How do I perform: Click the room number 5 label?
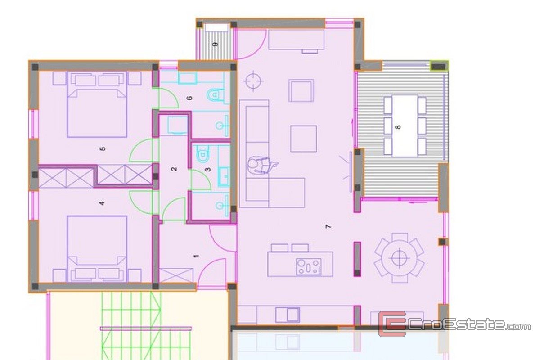[103, 149]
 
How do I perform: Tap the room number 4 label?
[102, 203]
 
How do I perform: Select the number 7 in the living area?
[328, 227]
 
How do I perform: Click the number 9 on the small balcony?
[216, 45]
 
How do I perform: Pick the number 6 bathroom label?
[190, 98]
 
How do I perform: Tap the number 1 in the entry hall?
[197, 256]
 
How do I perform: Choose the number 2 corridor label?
[174, 169]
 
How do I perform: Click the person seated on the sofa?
[261, 166]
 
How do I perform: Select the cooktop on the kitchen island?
[309, 267]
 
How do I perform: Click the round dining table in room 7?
[399, 258]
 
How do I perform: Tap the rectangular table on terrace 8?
[405, 126]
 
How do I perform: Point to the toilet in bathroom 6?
[215, 94]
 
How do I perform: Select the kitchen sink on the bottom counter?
[288, 315]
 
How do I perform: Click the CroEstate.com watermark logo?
[454, 324]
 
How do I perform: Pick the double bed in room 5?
[97, 104]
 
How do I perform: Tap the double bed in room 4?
[97, 249]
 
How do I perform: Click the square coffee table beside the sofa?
[303, 139]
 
